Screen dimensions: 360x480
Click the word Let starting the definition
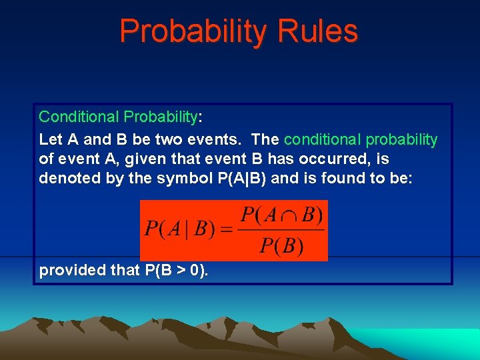click(50, 139)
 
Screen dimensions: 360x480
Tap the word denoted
click(67, 178)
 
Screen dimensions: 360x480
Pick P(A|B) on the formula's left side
click(179, 230)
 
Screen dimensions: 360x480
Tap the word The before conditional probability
click(265, 139)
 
